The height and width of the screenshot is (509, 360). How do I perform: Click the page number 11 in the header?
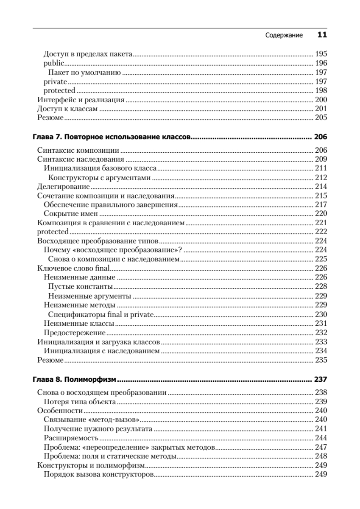click(322, 35)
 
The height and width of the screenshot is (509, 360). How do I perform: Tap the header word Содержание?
click(284, 36)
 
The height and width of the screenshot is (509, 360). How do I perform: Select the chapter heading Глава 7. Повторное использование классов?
click(112, 137)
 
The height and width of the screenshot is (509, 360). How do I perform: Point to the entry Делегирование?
click(63, 187)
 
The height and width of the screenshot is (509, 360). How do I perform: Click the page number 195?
click(321, 54)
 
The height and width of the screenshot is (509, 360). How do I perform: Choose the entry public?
click(53, 64)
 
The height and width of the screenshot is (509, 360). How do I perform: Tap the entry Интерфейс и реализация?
click(81, 100)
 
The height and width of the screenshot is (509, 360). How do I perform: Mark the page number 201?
click(321, 109)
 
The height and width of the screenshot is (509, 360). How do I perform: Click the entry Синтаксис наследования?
click(81, 159)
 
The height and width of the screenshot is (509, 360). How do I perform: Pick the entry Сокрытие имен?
click(71, 214)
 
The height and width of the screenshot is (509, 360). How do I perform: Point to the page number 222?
click(321, 232)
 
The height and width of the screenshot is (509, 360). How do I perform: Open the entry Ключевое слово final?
click(73, 268)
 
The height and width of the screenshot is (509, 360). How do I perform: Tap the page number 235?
click(321, 360)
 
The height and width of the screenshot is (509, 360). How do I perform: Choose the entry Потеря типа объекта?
click(80, 401)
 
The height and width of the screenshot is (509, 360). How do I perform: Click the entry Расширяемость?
click(71, 438)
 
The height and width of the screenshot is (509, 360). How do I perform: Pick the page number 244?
click(321, 438)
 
